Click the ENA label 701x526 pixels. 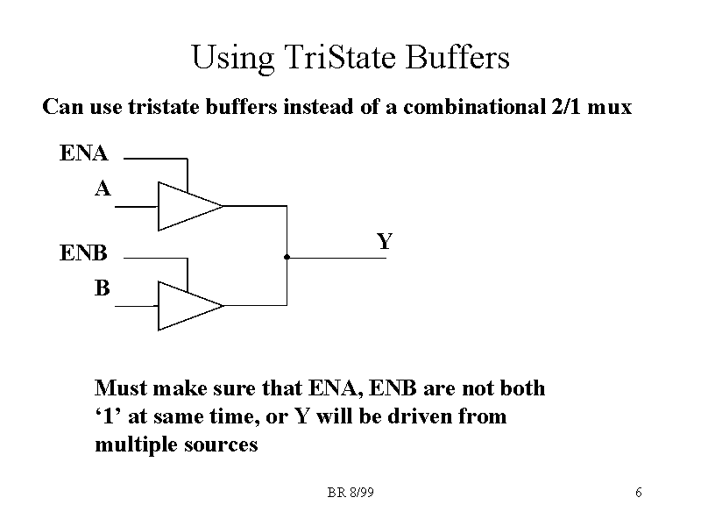point(84,154)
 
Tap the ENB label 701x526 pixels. point(84,254)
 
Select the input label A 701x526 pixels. point(103,188)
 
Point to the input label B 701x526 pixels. point(103,288)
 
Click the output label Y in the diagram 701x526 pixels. point(384,241)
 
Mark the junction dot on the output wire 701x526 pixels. point(287,258)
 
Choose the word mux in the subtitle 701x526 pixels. point(611,109)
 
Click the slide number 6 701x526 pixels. point(639,493)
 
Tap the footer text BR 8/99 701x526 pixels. point(350,493)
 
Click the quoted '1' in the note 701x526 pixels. point(109,416)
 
